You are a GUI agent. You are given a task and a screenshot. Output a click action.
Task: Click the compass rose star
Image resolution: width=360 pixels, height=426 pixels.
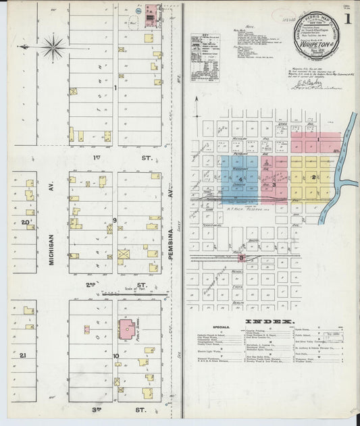point(53,47)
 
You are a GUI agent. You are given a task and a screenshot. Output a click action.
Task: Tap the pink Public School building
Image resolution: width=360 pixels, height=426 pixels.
point(126,329)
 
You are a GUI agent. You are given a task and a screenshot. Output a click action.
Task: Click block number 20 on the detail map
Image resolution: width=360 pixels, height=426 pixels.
point(25,221)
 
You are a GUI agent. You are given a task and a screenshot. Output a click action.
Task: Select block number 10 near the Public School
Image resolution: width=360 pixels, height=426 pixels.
point(116,355)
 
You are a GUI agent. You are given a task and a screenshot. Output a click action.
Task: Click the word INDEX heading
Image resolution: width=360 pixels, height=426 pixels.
point(269,321)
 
